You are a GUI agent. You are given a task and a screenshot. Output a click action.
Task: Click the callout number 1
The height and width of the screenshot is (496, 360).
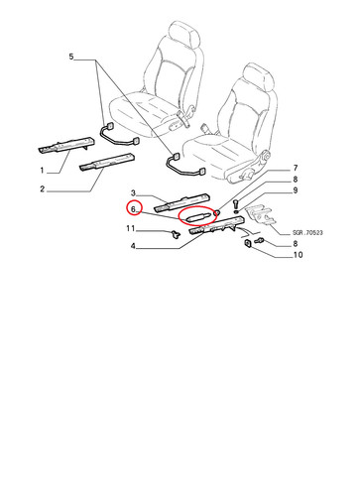point(42,171)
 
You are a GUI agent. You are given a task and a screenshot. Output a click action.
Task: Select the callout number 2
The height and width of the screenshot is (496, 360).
point(42,189)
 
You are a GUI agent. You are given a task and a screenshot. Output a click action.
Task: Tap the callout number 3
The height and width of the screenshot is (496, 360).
point(133,192)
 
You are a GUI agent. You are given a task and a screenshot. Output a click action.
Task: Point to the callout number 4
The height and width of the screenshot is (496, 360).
point(133,246)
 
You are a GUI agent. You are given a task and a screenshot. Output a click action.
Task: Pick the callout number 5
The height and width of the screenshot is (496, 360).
point(71,57)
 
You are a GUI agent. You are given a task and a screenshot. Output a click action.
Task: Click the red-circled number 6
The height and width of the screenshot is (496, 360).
point(133,209)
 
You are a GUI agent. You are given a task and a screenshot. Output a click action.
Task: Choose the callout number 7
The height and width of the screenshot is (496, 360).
point(296,169)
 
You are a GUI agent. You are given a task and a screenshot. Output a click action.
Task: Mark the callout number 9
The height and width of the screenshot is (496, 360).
point(296,190)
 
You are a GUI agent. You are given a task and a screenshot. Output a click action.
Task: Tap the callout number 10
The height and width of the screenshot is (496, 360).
point(298,255)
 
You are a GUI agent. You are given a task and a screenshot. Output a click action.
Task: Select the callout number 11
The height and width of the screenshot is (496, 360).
point(131,228)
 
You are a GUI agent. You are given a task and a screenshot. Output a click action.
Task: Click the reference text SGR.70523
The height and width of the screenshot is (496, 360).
point(307,233)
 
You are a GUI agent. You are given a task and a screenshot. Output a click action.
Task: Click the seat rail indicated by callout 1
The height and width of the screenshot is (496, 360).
point(66,145)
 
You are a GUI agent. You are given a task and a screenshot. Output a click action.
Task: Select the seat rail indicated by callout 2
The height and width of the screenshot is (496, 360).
point(107,162)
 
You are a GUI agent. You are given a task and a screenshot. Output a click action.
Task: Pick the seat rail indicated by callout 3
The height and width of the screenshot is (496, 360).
point(182,202)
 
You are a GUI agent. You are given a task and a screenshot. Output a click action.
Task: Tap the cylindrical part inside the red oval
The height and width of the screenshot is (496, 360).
point(197,217)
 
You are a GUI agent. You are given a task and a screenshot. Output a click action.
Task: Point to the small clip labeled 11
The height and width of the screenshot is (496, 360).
point(176,234)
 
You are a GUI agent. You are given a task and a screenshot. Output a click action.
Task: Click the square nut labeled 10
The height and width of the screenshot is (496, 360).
point(247,244)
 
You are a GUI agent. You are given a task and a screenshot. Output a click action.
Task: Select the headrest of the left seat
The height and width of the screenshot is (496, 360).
point(184,36)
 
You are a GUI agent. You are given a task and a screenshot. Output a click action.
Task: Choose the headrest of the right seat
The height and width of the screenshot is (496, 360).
point(259,78)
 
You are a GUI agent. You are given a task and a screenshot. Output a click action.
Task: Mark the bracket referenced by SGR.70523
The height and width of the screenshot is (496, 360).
point(262,214)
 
